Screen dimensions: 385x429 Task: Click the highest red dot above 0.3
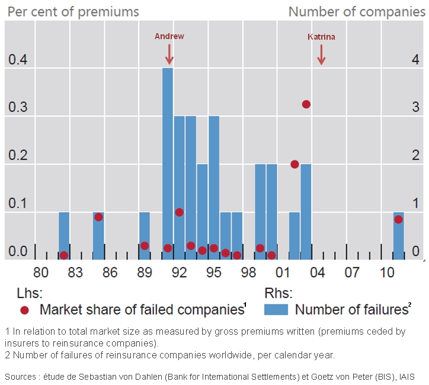(306, 104)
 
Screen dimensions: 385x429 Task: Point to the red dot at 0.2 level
(294, 164)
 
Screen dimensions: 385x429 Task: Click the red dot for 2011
(399, 219)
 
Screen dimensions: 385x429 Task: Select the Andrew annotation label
(169, 36)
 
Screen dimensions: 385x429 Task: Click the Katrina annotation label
(321, 37)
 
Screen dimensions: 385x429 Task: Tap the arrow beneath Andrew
(169, 54)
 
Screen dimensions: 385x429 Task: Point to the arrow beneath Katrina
(322, 55)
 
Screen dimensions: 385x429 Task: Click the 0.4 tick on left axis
(18, 60)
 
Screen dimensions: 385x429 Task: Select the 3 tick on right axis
(415, 107)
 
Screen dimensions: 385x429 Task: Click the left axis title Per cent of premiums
(73, 11)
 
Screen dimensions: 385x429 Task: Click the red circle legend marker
(24, 309)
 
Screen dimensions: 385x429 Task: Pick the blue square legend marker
(276, 309)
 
